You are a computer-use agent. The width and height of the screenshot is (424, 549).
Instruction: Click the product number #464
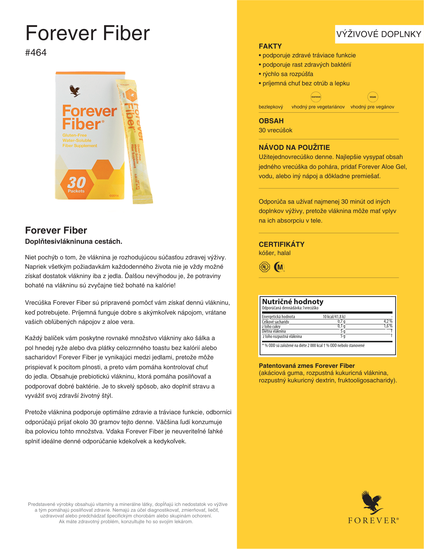[36, 52]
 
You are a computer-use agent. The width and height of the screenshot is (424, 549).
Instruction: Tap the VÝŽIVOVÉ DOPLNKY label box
[379, 34]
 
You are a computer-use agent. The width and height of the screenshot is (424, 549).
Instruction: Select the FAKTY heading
[270, 46]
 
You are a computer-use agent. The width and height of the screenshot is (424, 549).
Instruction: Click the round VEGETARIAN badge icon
[316, 97]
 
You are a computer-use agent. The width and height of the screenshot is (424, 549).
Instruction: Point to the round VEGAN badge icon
[373, 97]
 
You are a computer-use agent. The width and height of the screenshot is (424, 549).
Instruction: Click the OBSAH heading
[271, 121]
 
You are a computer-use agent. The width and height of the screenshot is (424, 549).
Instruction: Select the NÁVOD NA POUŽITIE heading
[294, 147]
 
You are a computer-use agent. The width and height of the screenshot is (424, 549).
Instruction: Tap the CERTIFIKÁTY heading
[282, 244]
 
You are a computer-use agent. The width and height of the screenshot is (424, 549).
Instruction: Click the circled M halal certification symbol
[279, 267]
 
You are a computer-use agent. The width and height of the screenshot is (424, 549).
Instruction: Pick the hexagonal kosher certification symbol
[265, 267]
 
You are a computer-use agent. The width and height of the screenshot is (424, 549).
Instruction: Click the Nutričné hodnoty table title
[293, 302]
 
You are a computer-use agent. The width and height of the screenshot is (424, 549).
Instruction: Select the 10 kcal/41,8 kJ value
[334, 316]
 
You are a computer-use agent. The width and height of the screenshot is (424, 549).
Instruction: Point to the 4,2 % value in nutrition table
[388, 321]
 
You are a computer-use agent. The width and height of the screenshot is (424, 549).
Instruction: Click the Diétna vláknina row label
[274, 331]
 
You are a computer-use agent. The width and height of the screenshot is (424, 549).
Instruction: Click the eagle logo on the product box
[75, 91]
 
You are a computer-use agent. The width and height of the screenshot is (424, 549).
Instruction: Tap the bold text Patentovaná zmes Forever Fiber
[307, 366]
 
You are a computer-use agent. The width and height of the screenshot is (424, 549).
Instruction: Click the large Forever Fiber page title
[88, 33]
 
